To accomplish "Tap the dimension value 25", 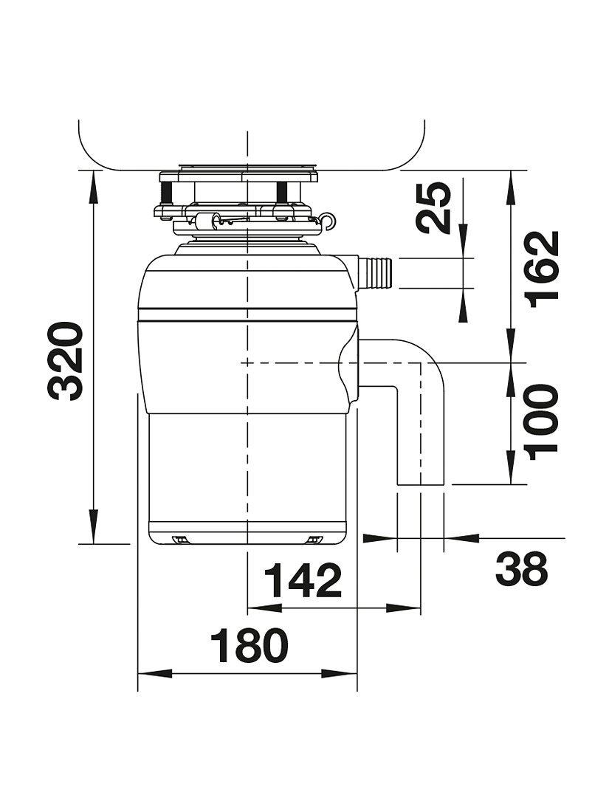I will pyautogui.click(x=435, y=207).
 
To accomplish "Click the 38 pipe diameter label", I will pyautogui.click(x=521, y=568).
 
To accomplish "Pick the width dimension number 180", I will pyautogui.click(x=248, y=647).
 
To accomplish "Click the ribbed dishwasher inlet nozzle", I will pyautogui.click(x=376, y=271).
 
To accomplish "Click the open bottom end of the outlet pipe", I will pyautogui.click(x=421, y=484).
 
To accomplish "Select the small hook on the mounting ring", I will pyautogui.click(x=330, y=219).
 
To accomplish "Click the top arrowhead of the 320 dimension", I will pyautogui.click(x=94, y=181).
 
